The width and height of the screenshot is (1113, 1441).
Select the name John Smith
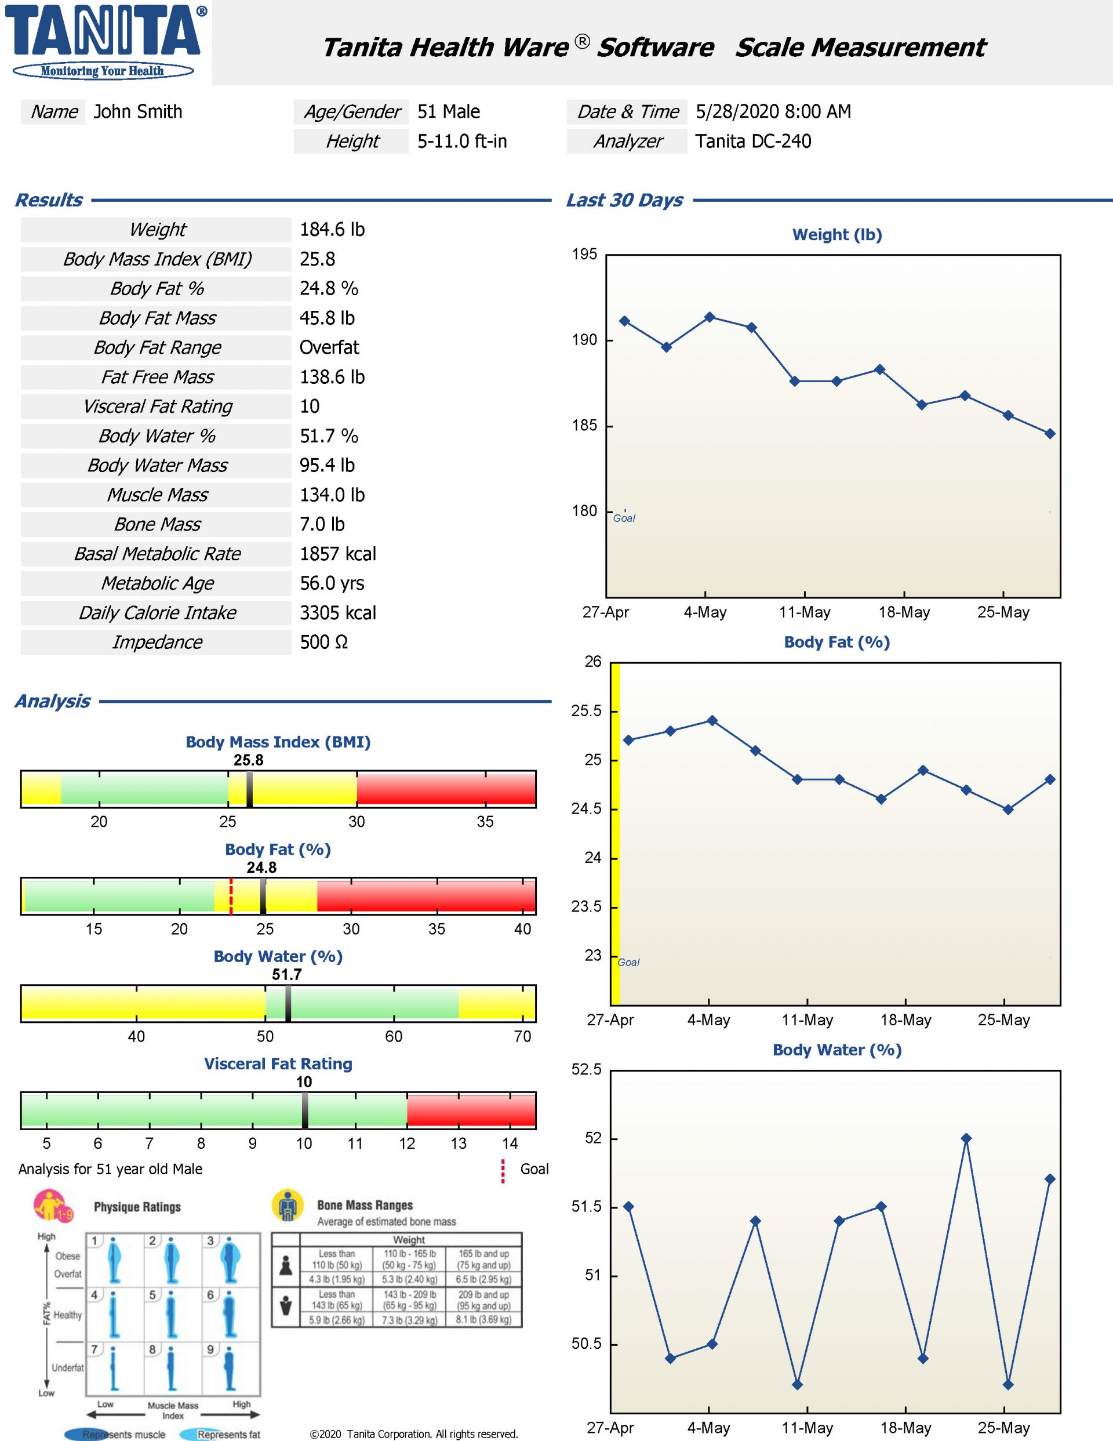point(138,111)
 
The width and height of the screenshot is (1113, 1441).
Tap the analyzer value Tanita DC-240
point(753,141)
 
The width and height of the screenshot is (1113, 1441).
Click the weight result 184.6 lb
point(332,230)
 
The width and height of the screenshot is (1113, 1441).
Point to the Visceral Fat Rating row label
point(158,406)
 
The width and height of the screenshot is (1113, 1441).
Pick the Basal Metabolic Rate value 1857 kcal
point(338,554)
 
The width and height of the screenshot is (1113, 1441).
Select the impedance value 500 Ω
point(323,642)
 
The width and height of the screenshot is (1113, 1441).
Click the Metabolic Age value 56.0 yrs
point(332,583)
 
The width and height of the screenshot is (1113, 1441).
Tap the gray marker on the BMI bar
point(249,789)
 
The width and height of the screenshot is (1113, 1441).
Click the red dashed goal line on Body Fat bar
point(231,896)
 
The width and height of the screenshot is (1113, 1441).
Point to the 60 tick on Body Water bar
point(394,990)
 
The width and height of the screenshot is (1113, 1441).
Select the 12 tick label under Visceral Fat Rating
point(407,1144)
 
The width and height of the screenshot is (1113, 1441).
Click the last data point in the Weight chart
point(1050,434)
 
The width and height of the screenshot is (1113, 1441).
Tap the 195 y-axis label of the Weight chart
point(584,255)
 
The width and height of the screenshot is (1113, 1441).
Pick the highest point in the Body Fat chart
point(712,720)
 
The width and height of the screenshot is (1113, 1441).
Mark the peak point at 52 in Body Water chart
point(966,1138)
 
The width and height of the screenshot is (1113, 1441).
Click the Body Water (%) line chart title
point(836,1050)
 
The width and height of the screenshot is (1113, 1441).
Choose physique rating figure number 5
point(172,1313)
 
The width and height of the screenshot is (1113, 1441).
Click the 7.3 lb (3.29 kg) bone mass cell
point(410,1320)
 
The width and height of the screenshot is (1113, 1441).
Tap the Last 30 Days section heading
point(624,200)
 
